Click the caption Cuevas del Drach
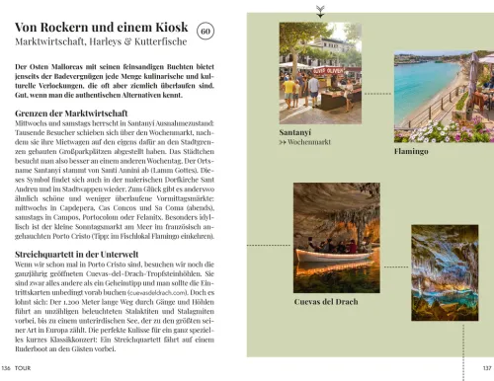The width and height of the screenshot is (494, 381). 326,301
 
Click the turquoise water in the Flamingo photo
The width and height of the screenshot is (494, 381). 420,84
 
